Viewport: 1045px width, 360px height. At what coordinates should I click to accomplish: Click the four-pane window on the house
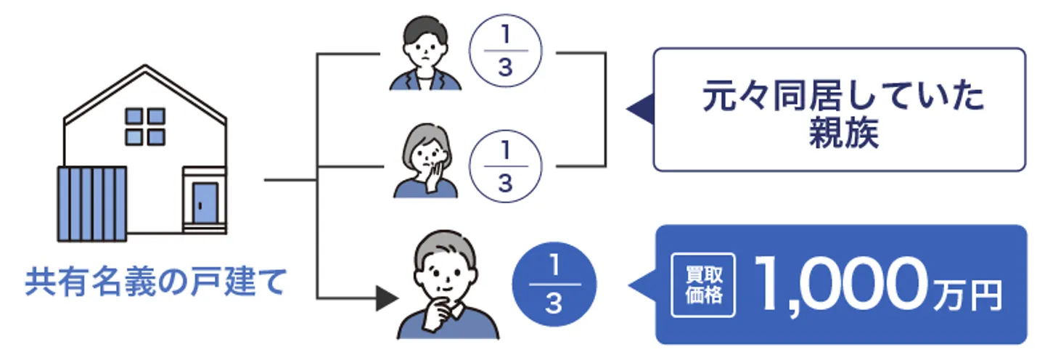145,127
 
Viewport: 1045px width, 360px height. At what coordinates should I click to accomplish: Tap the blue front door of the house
204,203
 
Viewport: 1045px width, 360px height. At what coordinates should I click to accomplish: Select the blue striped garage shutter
92,203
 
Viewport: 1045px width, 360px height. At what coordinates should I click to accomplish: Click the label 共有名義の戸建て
156,282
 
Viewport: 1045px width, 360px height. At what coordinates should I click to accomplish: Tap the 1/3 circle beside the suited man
506,53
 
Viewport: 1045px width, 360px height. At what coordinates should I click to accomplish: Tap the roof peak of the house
145,67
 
